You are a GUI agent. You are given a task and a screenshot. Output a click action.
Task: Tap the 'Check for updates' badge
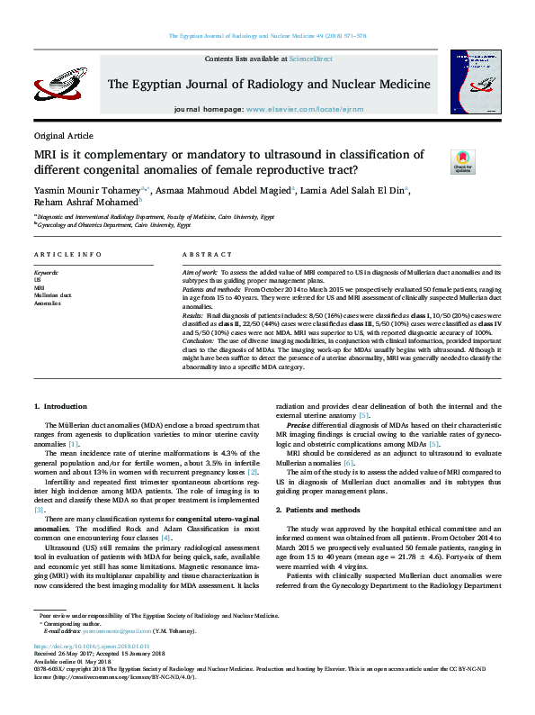[462, 162]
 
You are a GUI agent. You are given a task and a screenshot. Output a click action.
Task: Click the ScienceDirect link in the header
[310, 58]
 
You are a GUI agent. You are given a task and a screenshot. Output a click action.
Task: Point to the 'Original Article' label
[63, 135]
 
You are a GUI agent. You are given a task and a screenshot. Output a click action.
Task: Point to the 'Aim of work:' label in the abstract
[201, 271]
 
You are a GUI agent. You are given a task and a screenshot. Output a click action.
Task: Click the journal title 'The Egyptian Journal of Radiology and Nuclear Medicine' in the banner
[268, 84]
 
